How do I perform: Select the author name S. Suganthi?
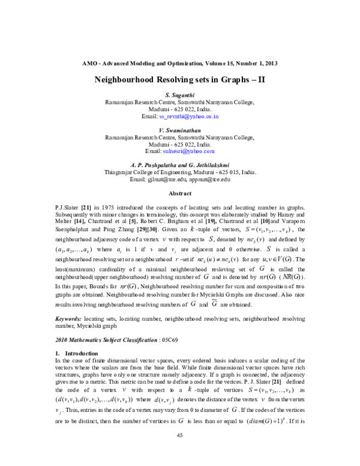click(180, 95)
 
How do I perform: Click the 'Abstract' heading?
click(180, 194)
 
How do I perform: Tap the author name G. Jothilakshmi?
click(207, 165)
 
